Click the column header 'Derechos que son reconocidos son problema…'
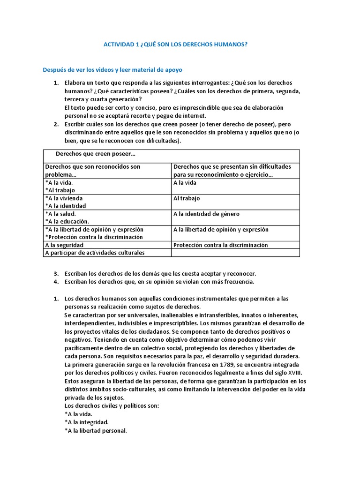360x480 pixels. pyautogui.click(x=93, y=170)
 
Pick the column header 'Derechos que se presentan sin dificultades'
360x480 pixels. pyautogui.click(x=232, y=166)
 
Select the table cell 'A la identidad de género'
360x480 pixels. pyautogui.click(x=206, y=214)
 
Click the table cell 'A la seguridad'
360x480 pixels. pyautogui.click(x=64, y=245)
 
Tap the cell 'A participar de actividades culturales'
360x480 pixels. pyautogui.click(x=95, y=253)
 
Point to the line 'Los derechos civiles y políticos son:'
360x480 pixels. pyautogui.click(x=112, y=405)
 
